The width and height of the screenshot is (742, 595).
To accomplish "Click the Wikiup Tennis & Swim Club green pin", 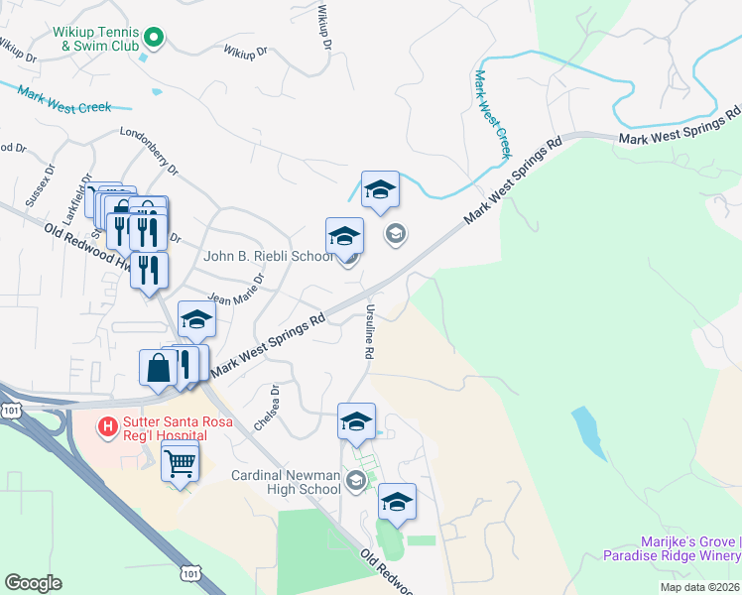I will point(154,38).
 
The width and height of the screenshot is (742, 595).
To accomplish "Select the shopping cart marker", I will point(180,462).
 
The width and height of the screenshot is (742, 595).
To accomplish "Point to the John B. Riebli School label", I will point(268,256).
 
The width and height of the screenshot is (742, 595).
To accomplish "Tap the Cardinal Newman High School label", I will point(286,482).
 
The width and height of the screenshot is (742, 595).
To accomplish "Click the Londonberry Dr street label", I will point(149,152).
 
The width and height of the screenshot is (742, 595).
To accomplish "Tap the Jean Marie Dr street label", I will point(233,297).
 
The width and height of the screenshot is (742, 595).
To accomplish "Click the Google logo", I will point(33,583).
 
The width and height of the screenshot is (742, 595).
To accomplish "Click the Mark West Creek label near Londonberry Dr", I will point(63,98).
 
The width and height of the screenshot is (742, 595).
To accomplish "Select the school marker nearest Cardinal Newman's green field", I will point(397,503).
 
